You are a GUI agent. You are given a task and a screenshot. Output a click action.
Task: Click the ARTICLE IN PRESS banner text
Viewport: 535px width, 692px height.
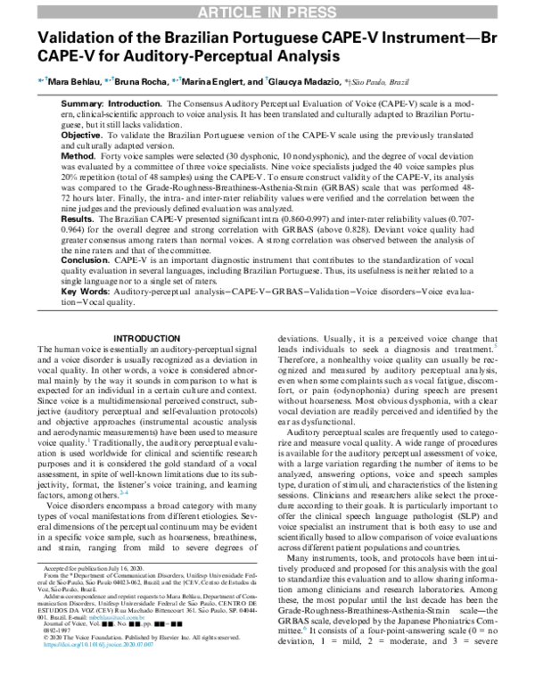267,10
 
